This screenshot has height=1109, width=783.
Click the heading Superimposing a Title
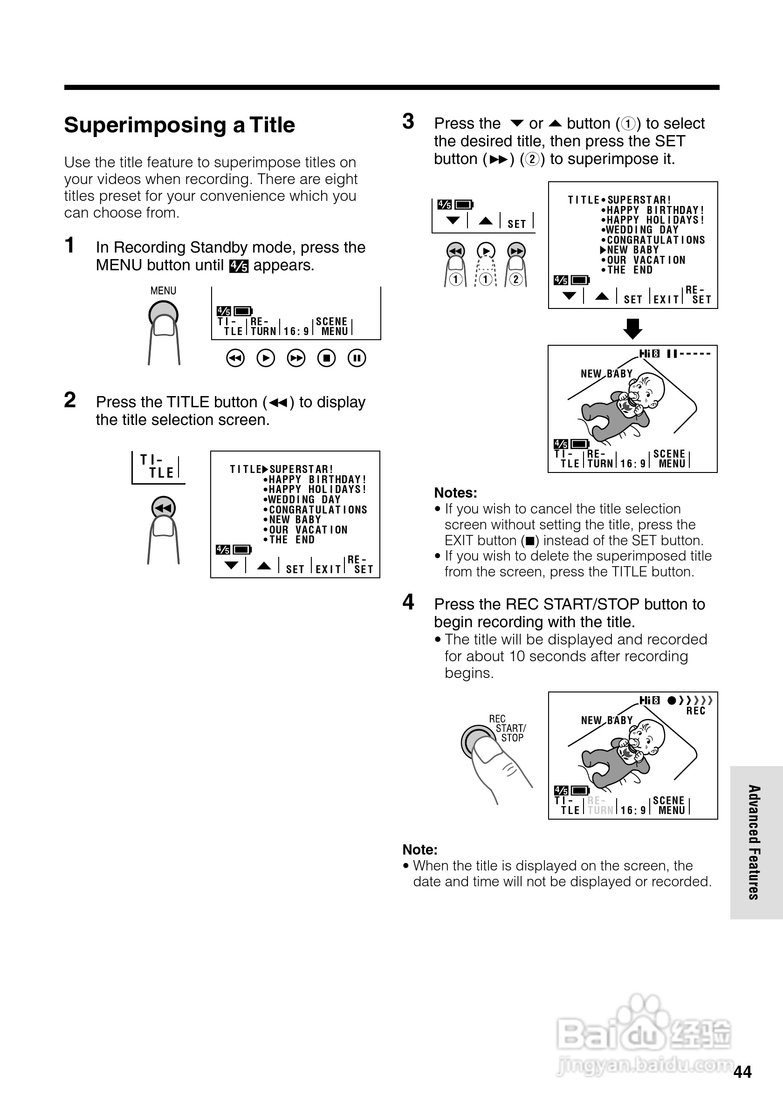click(179, 125)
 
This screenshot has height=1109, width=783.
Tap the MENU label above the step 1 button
click(163, 291)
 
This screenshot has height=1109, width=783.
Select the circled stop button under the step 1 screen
click(327, 358)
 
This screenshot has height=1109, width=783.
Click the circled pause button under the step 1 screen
click(357, 358)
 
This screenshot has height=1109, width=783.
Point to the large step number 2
click(70, 400)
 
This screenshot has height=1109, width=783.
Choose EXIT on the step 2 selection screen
click(329, 569)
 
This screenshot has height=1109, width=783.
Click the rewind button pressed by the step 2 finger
click(163, 507)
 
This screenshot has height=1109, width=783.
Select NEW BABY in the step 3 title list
click(633, 250)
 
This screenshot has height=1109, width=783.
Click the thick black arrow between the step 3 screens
click(633, 329)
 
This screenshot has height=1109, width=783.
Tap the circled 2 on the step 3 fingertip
click(516, 279)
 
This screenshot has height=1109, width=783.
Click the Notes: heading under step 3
click(455, 493)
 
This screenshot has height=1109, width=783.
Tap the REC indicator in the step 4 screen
click(695, 711)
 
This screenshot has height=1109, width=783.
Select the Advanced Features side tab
click(755, 842)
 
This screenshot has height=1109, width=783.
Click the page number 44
click(742, 1072)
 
